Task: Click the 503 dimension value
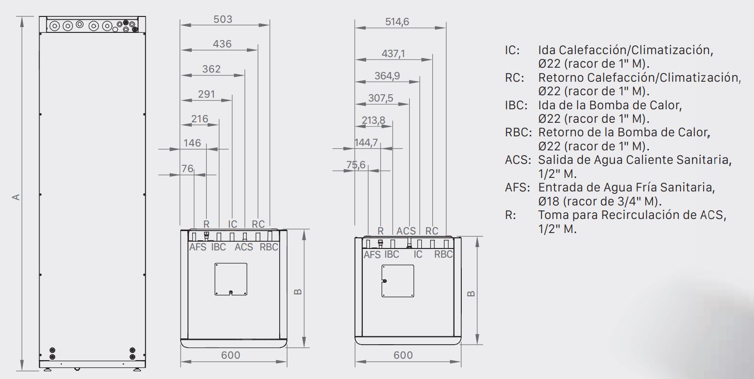(x=223, y=19)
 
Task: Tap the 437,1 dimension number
(x=393, y=54)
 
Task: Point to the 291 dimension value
(x=206, y=94)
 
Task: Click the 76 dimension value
(x=187, y=169)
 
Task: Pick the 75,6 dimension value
(x=356, y=164)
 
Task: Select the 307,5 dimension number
(x=381, y=98)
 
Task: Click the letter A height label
(x=16, y=197)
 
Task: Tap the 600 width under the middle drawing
(x=230, y=355)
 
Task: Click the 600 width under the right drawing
(x=403, y=355)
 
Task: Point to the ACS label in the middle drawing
(x=244, y=247)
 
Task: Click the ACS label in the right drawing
(x=406, y=231)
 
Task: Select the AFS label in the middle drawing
(x=198, y=247)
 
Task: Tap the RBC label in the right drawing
(x=443, y=254)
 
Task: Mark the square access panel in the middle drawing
(x=231, y=279)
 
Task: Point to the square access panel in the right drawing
(x=398, y=280)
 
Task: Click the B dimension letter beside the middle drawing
(x=298, y=291)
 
